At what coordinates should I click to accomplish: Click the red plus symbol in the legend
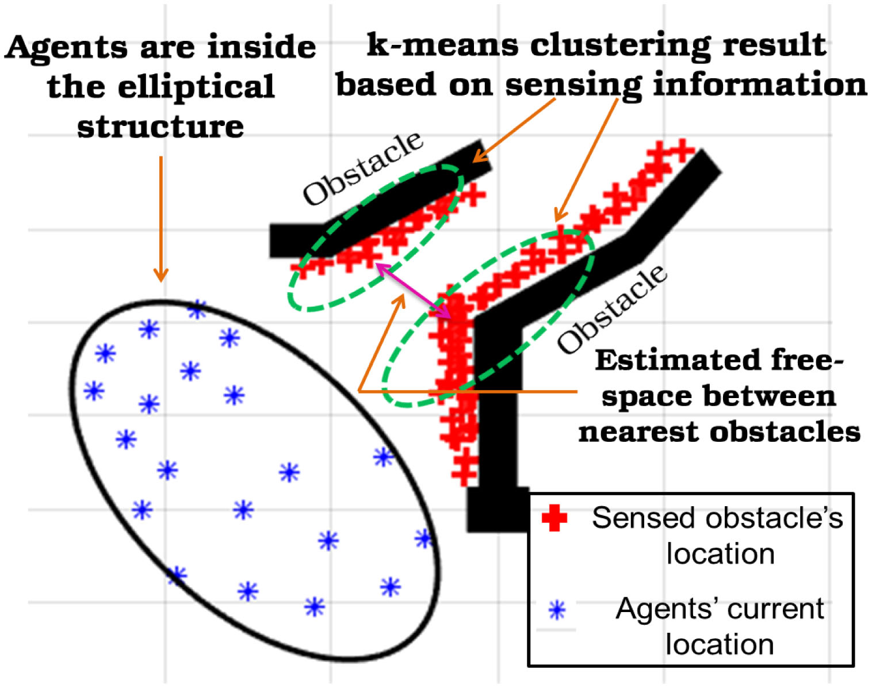[554, 518]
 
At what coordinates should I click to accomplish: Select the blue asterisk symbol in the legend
[557, 610]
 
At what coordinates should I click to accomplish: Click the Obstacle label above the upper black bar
[363, 168]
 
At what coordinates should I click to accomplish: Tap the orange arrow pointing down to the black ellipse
[161, 219]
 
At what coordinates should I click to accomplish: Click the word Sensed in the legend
[637, 518]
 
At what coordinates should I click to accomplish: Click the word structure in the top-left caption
[160, 127]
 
